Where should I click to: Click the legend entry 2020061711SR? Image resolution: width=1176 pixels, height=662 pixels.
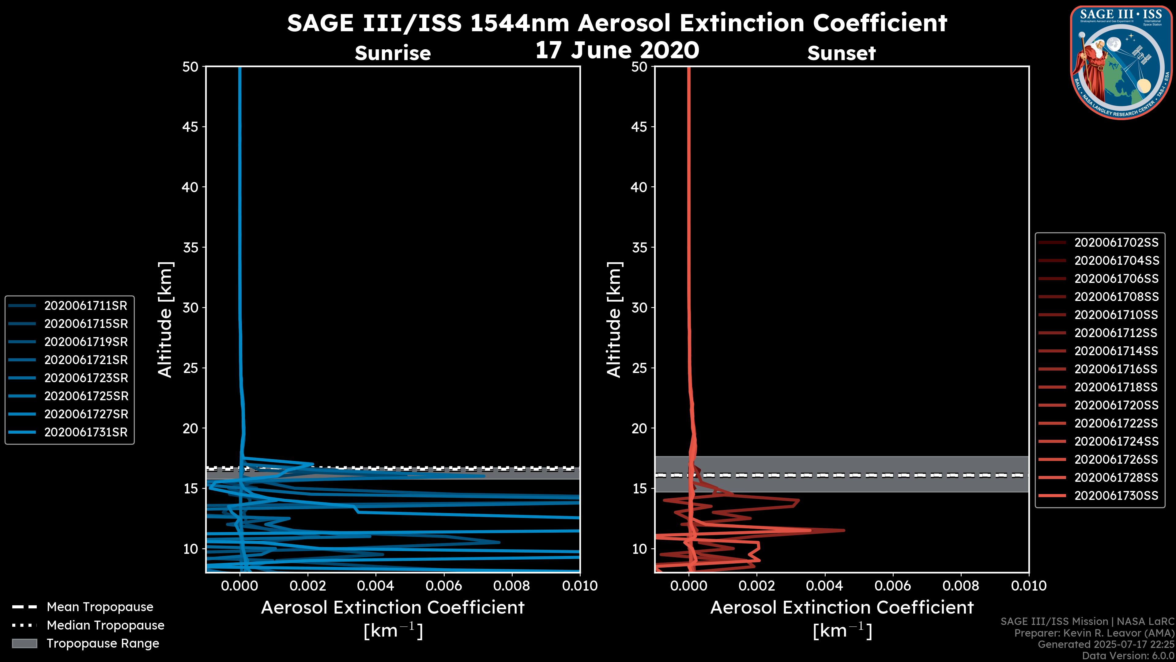(85, 306)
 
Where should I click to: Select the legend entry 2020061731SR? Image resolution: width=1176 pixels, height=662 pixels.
(85, 432)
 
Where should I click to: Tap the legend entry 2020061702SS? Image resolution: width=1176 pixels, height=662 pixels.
(1116, 243)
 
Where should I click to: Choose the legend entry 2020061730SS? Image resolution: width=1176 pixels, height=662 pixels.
(1116, 496)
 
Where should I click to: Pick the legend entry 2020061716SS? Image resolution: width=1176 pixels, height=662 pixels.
(1116, 369)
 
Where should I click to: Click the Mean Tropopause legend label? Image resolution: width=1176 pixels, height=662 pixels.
(100, 607)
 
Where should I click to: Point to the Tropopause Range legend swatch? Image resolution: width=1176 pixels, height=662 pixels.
(24, 643)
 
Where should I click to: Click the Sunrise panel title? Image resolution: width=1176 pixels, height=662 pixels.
(393, 53)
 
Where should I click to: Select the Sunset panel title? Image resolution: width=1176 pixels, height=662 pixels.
(841, 53)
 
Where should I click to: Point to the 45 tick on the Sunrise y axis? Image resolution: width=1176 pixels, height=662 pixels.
(190, 127)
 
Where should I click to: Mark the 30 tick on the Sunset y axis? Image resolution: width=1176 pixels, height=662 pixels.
(639, 308)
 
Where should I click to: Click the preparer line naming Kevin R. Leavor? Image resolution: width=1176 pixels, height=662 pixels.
(1094, 633)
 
